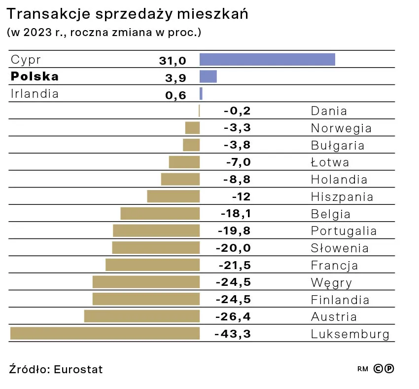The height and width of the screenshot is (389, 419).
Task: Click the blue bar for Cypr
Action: click(267, 59)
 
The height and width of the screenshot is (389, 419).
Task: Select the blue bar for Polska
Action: click(208, 77)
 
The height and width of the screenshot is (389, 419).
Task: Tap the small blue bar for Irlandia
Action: click(201, 93)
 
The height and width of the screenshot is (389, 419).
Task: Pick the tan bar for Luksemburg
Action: click(105, 333)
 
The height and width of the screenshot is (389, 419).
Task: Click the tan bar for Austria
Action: click(142, 316)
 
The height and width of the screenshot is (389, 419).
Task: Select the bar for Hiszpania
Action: click(174, 196)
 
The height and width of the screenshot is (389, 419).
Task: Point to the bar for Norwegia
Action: click(192, 128)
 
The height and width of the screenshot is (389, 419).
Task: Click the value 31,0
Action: click(173, 61)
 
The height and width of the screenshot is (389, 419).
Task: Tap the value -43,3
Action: click(233, 334)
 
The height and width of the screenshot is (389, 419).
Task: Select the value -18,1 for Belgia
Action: click(234, 214)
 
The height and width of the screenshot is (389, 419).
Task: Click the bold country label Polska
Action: click(35, 77)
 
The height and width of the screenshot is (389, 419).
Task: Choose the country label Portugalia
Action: click(344, 231)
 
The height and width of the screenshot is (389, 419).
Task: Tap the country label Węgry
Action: click(331, 283)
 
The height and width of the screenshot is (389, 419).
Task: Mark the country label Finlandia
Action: click(340, 300)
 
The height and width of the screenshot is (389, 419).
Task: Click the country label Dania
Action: click(329, 111)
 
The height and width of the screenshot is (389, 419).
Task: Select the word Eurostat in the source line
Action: click(78, 369)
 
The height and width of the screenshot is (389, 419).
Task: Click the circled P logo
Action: click(389, 368)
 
